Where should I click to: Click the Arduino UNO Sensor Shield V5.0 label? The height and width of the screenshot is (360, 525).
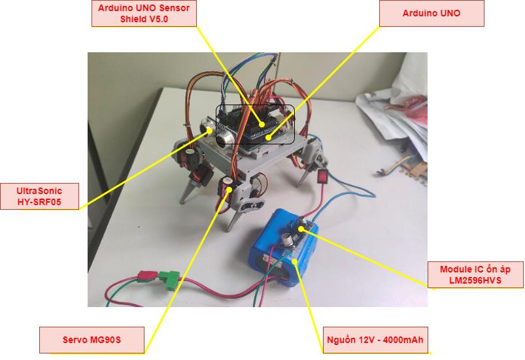pos(144,13)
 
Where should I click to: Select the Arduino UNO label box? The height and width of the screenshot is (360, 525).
pos(432,13)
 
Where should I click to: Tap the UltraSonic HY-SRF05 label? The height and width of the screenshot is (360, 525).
pos(39,197)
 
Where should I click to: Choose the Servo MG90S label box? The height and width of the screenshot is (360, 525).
pos(92,340)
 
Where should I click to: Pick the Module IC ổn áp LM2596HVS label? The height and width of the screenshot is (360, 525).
pos(475,274)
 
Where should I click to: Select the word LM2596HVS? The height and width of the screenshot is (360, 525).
pos(475,280)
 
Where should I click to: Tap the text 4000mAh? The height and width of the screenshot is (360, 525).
pos(404,340)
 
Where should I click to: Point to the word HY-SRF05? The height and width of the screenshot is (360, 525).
pos(39,203)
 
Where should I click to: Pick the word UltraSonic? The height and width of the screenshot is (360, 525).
pos(39,191)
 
